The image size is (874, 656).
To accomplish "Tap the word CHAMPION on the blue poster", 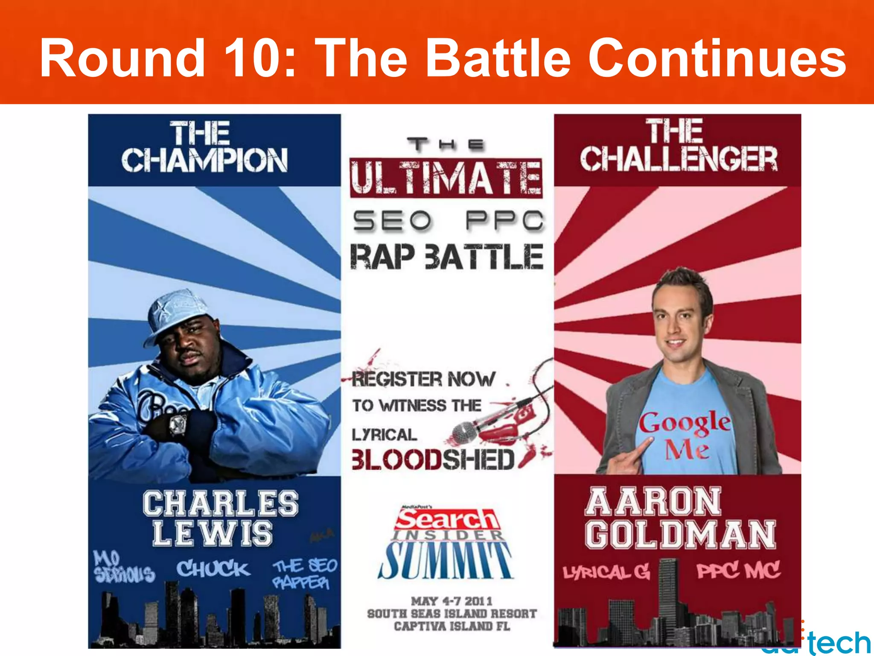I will tap(204, 161).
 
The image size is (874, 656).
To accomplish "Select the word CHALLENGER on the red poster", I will tap(679, 159).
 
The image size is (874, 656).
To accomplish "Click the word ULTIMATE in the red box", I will tap(446, 178).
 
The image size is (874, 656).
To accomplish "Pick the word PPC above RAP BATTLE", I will tap(505, 221).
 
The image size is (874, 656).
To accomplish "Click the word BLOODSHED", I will tap(433, 460).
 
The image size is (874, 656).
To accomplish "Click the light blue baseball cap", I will tap(179, 314).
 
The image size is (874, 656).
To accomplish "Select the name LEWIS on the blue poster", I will tap(213, 533).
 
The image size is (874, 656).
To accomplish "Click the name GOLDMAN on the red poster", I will tap(680, 534).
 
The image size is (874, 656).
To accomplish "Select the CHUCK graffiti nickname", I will tap(213, 569).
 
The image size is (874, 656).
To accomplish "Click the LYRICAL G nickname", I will tap(606, 572).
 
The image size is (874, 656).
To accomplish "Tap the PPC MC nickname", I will tap(738, 570).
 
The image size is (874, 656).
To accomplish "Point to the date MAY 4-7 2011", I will tap(452, 601).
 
